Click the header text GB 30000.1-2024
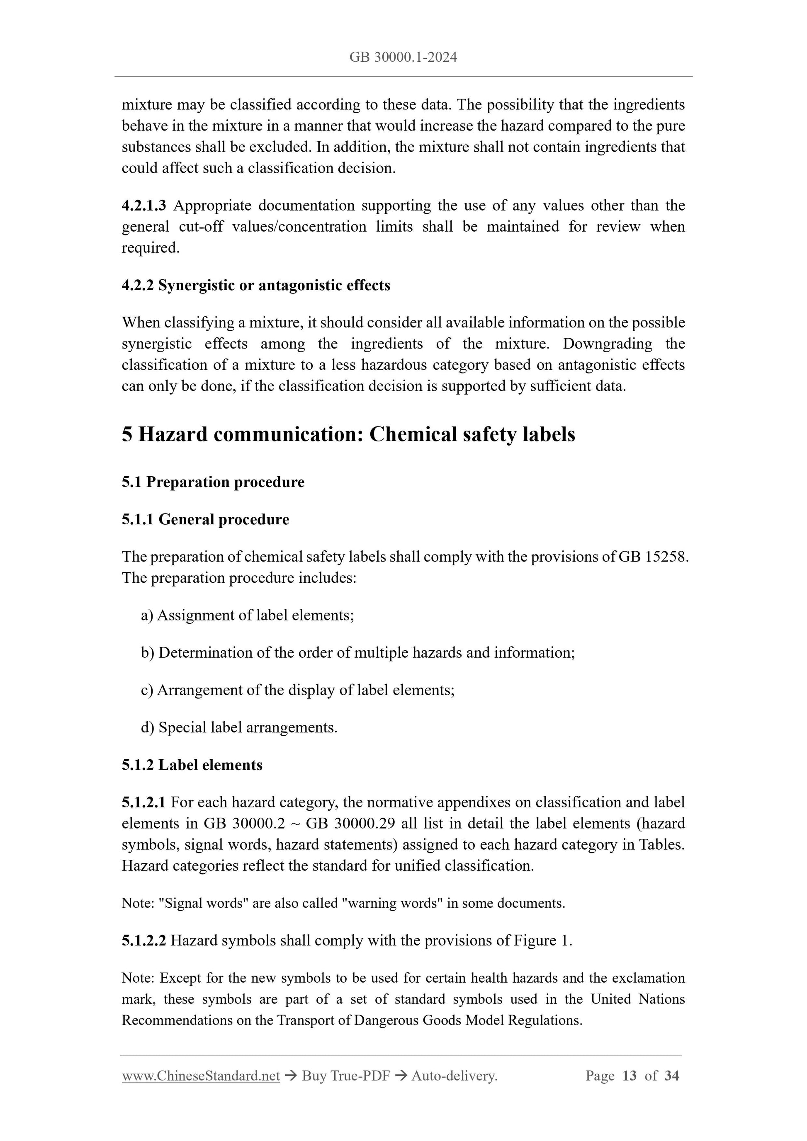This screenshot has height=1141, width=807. tap(403, 58)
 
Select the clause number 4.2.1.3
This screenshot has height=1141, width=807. tap(144, 205)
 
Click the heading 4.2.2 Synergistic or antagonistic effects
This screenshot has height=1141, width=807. tap(255, 285)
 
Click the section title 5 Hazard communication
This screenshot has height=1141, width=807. tap(348, 434)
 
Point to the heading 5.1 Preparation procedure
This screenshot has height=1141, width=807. tap(213, 482)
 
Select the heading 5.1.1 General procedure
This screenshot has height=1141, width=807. tap(205, 519)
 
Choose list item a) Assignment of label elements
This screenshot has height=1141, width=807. tap(247, 615)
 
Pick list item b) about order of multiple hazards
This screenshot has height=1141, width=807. tap(357, 652)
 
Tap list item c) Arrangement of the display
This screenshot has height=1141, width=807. tap(297, 690)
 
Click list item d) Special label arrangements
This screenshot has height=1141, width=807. tap(239, 727)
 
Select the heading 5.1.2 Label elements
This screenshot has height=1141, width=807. tap(192, 765)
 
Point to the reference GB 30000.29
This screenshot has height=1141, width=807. tap(350, 824)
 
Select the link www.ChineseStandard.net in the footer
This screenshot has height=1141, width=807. tap(201, 1076)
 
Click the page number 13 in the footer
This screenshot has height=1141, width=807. tap(629, 1076)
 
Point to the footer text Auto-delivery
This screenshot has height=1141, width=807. tap(454, 1076)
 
